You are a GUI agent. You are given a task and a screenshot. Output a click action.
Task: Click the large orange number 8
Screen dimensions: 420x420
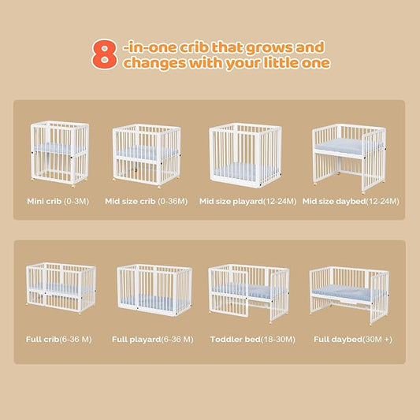pyautogui.click(x=105, y=54)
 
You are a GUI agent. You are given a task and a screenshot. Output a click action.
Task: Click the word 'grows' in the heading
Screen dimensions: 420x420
pyautogui.click(x=269, y=48)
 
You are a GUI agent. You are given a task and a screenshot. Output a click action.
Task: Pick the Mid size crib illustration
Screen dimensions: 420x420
pyautogui.click(x=147, y=156)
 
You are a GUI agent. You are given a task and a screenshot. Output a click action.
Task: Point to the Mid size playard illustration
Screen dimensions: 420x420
pyautogui.click(x=245, y=155)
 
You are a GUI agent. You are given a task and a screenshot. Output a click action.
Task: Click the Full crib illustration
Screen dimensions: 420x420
pyautogui.click(x=61, y=288)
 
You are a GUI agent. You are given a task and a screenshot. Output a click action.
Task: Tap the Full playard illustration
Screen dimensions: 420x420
pyautogui.click(x=154, y=290)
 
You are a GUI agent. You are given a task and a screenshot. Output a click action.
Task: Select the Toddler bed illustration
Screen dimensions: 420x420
pyautogui.click(x=249, y=293)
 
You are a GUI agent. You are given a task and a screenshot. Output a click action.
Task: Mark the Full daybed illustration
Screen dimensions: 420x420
pyautogui.click(x=349, y=295)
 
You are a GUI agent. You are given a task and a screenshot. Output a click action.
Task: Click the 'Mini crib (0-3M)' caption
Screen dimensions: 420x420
pyautogui.click(x=58, y=201)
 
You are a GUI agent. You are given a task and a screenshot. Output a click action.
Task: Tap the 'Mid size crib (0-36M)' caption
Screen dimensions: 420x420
pyautogui.click(x=147, y=201)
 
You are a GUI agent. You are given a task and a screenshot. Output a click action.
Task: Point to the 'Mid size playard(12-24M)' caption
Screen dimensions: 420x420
pyautogui.click(x=247, y=202)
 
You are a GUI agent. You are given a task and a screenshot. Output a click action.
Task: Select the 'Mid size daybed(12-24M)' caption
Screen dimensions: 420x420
pyautogui.click(x=351, y=202)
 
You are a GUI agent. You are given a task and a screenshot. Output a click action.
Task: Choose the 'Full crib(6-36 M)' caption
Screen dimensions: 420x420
pyautogui.click(x=59, y=340)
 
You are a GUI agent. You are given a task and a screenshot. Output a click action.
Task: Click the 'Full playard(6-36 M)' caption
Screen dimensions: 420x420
pyautogui.click(x=152, y=340)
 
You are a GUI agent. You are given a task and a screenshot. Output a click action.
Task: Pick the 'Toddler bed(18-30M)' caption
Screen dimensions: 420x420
pyautogui.click(x=253, y=340)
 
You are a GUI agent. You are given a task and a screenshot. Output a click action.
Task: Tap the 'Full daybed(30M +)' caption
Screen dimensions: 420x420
pyautogui.click(x=353, y=340)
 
